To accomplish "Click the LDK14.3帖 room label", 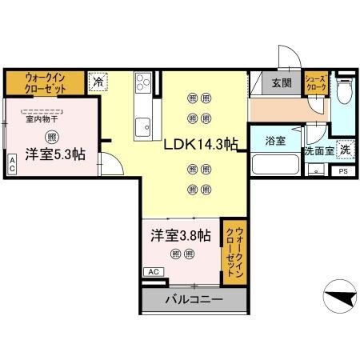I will [x=200, y=146].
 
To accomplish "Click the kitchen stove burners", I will [x=143, y=82].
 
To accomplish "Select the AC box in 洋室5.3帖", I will [x=12, y=164].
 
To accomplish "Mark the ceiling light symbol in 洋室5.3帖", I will [x=51, y=136].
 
